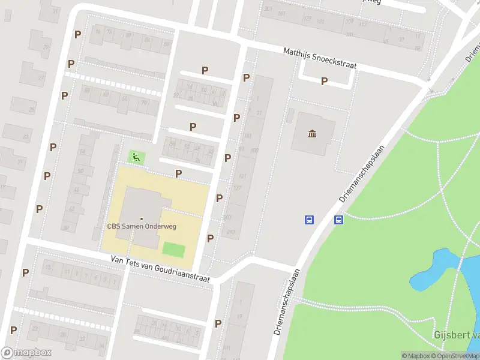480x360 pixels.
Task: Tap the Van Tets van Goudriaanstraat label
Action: [160, 268]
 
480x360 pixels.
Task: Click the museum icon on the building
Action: [312, 133]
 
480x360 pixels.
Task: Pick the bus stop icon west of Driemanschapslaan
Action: [309, 220]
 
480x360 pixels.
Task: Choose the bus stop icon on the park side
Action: [339, 220]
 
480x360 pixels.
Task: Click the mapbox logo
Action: [26, 352]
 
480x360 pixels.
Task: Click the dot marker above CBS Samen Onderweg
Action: [142, 218]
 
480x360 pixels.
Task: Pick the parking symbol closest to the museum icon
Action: [324, 81]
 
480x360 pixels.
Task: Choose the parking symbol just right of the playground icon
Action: [178, 173]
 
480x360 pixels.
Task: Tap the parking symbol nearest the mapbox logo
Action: [13, 330]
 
